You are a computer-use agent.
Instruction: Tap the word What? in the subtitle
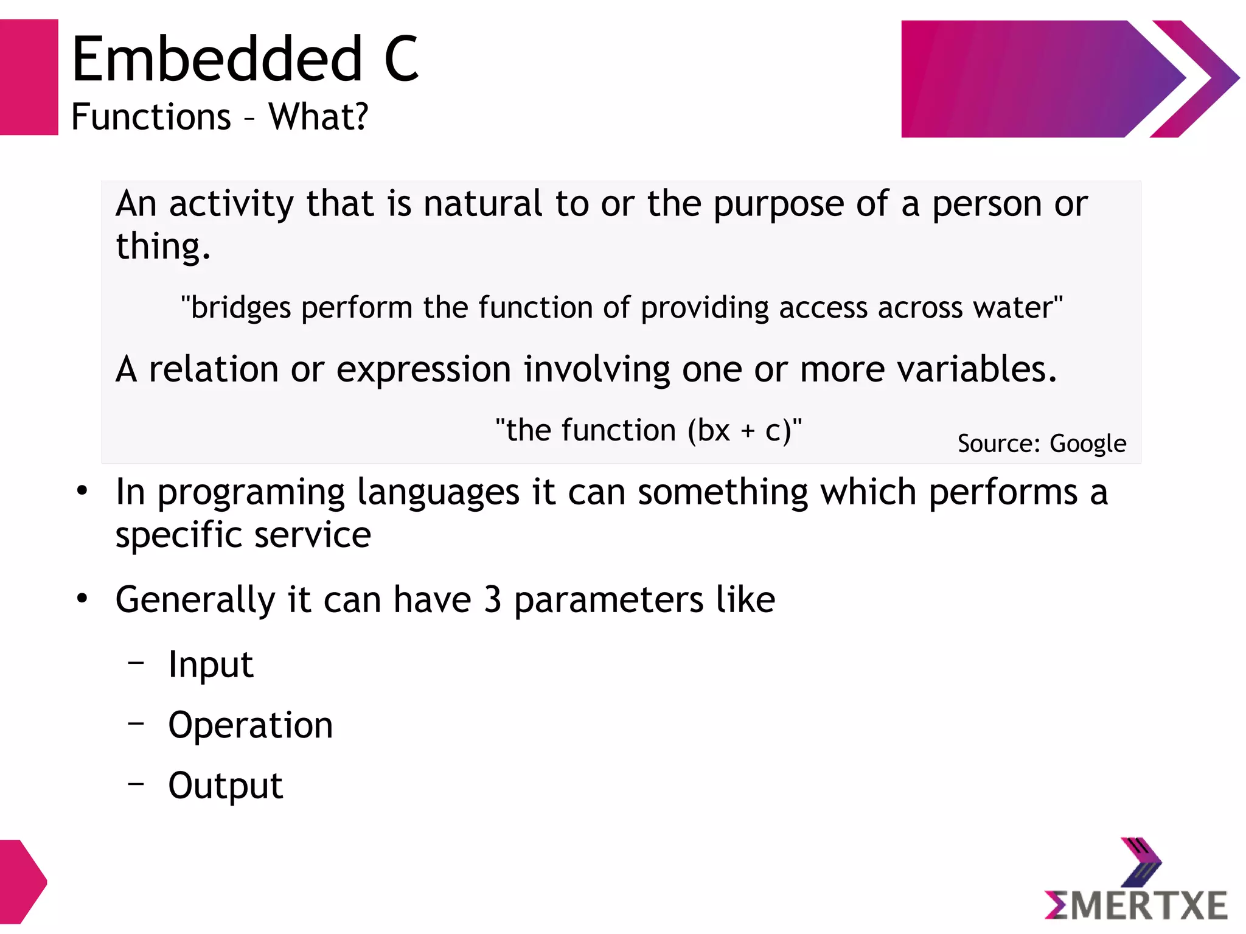(318, 116)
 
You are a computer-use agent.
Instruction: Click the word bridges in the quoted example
(240, 307)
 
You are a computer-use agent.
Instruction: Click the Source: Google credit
(1041, 444)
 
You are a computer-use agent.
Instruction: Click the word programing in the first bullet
(250, 493)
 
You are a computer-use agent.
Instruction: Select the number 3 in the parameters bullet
(492, 599)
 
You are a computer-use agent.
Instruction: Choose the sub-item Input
(211, 664)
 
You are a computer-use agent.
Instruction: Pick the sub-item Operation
(250, 725)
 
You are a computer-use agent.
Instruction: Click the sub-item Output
(225, 786)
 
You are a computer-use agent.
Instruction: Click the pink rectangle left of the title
(29, 77)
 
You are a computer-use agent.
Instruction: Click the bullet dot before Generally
(82, 599)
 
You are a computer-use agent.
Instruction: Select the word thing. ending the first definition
(162, 246)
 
